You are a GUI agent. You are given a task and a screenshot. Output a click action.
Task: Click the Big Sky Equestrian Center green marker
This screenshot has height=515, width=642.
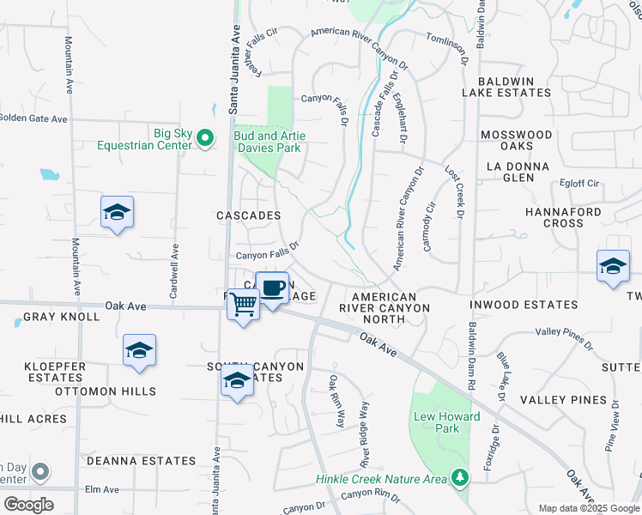[205, 137]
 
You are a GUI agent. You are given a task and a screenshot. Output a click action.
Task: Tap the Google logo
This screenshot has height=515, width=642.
[28, 504]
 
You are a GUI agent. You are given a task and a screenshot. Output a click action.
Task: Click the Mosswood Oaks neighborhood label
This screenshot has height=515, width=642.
[516, 141]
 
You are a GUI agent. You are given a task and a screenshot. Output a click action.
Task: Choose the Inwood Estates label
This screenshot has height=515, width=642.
[524, 305]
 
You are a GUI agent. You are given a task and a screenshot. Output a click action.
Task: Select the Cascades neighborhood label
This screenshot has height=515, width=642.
[249, 215]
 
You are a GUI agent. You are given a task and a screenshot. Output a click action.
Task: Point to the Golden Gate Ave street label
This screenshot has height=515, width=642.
[33, 118]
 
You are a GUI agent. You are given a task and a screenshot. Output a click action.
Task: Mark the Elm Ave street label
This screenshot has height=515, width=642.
[101, 489]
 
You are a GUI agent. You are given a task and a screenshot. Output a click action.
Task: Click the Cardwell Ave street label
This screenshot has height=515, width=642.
[174, 270]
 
